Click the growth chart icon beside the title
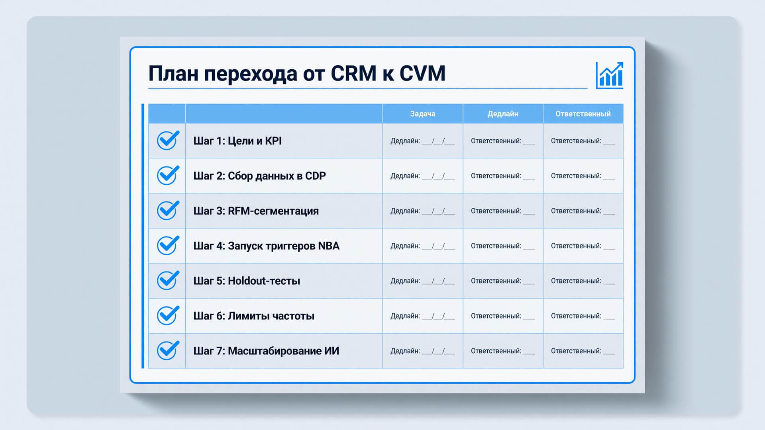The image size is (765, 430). [610, 75]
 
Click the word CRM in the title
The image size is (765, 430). [353, 73]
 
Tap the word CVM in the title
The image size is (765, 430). [422, 73]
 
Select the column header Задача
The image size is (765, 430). [423, 114]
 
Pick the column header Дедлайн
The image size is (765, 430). [503, 114]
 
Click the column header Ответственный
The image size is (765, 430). [583, 114]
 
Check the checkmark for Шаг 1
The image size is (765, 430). [168, 140]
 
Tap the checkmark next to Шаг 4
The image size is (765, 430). [168, 245]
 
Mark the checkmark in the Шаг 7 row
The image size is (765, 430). [168, 350]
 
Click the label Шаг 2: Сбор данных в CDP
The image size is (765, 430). [259, 176]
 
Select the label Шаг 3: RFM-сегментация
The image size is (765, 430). [256, 211]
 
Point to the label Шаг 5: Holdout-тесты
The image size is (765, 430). [247, 281]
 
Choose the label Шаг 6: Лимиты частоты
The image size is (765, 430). [254, 316]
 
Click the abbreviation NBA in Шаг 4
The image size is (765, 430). [329, 246]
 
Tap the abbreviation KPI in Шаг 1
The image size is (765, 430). [273, 141]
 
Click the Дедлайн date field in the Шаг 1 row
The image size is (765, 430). [423, 141]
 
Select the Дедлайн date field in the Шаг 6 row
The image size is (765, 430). [423, 316]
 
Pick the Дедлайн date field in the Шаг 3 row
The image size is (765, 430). [423, 211]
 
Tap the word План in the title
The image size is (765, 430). [173, 73]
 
